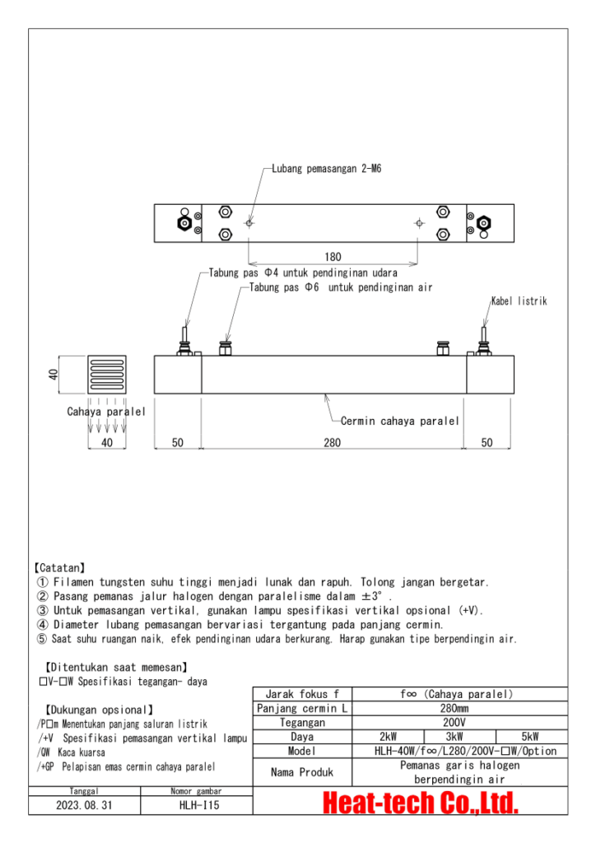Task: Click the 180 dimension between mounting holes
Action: (x=333, y=257)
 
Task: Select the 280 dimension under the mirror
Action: (x=332, y=443)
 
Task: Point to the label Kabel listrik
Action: (x=519, y=301)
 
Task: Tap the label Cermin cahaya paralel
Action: (x=399, y=421)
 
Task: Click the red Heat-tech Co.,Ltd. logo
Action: (x=420, y=803)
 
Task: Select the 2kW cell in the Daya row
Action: (x=388, y=737)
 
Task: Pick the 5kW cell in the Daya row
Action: (x=531, y=737)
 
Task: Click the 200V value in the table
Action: (x=459, y=722)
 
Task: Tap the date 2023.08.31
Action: (x=86, y=805)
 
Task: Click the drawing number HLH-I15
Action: (x=195, y=805)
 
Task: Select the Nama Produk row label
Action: (x=302, y=772)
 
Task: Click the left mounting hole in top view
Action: (x=249, y=223)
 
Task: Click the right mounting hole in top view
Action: (x=419, y=223)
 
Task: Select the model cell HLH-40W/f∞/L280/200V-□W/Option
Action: (x=459, y=751)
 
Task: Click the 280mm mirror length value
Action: (x=459, y=708)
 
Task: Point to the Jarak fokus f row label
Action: (x=302, y=694)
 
